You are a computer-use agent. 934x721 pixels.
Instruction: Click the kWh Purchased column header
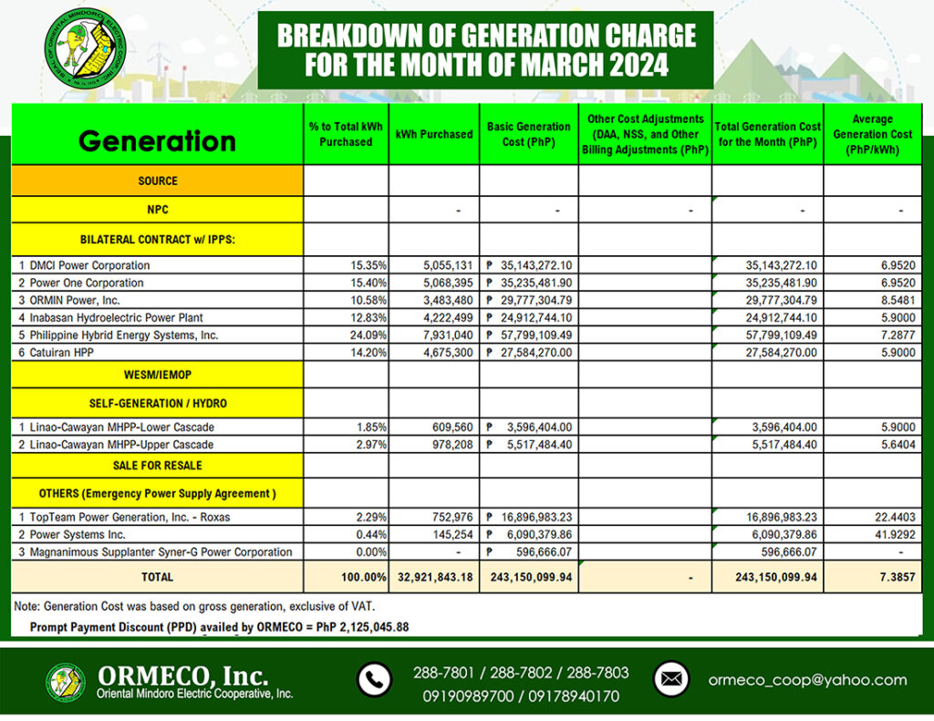pos(434,134)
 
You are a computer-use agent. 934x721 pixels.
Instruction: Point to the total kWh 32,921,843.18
pos(433,577)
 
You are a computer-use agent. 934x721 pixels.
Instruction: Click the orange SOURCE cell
pos(157,181)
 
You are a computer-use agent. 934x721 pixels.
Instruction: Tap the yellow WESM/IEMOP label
pos(157,375)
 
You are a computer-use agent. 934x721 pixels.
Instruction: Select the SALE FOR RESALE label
pos(157,465)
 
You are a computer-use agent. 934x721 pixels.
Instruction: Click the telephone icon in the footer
pos(373,680)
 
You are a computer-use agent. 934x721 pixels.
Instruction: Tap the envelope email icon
pos(670,679)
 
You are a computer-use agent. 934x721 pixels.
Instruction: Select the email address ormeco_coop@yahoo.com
pos(807,680)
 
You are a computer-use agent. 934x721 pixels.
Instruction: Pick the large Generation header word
pos(157,141)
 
